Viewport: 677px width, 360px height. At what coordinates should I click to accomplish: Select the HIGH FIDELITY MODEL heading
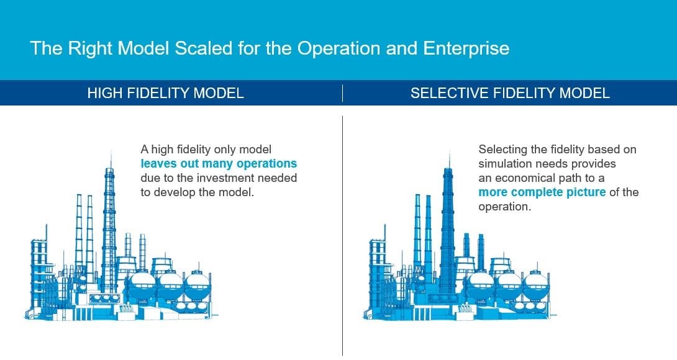click(x=165, y=93)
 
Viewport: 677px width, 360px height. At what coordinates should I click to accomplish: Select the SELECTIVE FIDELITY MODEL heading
click(x=510, y=93)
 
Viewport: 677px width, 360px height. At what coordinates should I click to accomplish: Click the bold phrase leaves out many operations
click(x=219, y=164)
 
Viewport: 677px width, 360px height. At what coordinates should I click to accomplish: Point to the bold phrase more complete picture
click(x=542, y=192)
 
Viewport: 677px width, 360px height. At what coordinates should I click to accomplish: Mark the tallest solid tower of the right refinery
click(x=447, y=223)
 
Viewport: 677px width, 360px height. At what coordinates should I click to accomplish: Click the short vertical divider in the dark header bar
click(x=342, y=93)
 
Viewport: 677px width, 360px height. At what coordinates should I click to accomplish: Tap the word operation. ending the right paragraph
click(x=504, y=207)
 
